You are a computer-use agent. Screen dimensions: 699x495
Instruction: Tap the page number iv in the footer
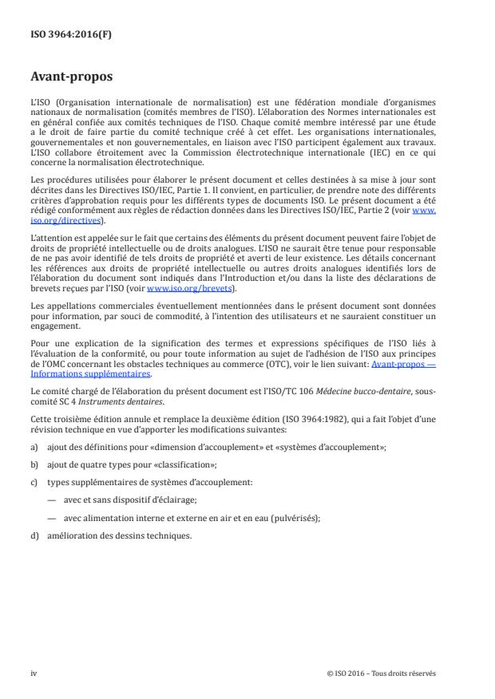34,672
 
